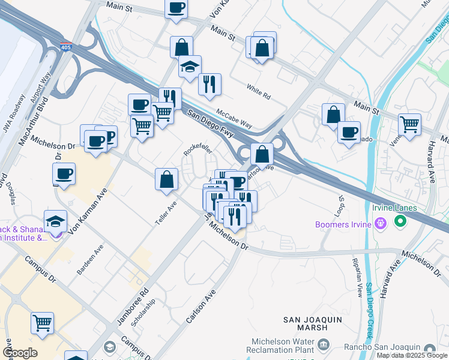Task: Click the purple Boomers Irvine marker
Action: (x=379, y=224)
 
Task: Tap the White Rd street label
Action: (x=258, y=91)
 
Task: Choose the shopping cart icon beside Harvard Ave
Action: (x=409, y=125)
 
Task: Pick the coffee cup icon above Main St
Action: (x=176, y=8)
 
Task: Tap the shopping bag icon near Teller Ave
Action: (x=167, y=179)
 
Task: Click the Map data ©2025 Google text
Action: (x=412, y=355)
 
